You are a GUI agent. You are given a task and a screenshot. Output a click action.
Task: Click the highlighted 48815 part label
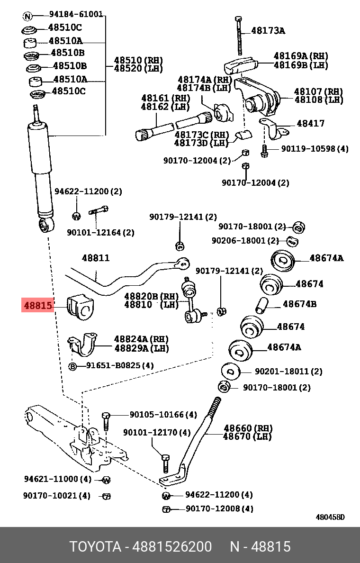38,306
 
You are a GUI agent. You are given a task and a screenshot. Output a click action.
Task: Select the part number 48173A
268,31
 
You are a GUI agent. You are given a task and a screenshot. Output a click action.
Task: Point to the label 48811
96,258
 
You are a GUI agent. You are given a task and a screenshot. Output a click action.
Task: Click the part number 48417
311,124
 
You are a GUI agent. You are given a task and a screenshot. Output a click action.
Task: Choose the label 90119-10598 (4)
315,149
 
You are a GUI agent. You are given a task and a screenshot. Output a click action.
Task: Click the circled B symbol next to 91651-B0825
73,366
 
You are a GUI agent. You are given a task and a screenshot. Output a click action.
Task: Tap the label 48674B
300,304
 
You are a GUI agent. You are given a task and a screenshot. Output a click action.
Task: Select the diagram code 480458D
330,517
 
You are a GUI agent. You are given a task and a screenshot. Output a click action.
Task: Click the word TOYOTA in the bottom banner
95,547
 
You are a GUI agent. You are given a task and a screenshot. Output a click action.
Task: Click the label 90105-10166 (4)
163,415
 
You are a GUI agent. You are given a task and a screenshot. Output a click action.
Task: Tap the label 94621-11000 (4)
57,479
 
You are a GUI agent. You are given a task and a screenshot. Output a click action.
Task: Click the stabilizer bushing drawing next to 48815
79,307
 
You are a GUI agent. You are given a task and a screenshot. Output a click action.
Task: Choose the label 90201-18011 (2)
288,372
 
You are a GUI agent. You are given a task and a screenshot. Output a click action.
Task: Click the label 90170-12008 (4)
219,509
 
